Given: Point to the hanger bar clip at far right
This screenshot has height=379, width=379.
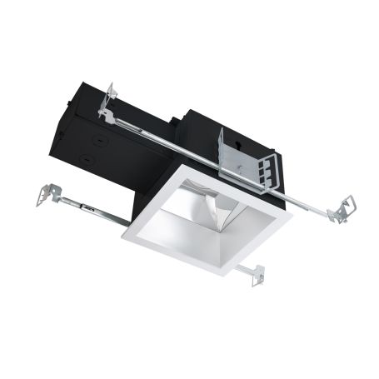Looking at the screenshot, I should click(341, 209).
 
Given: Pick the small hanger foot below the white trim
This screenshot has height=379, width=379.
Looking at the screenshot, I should click(255, 275).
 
